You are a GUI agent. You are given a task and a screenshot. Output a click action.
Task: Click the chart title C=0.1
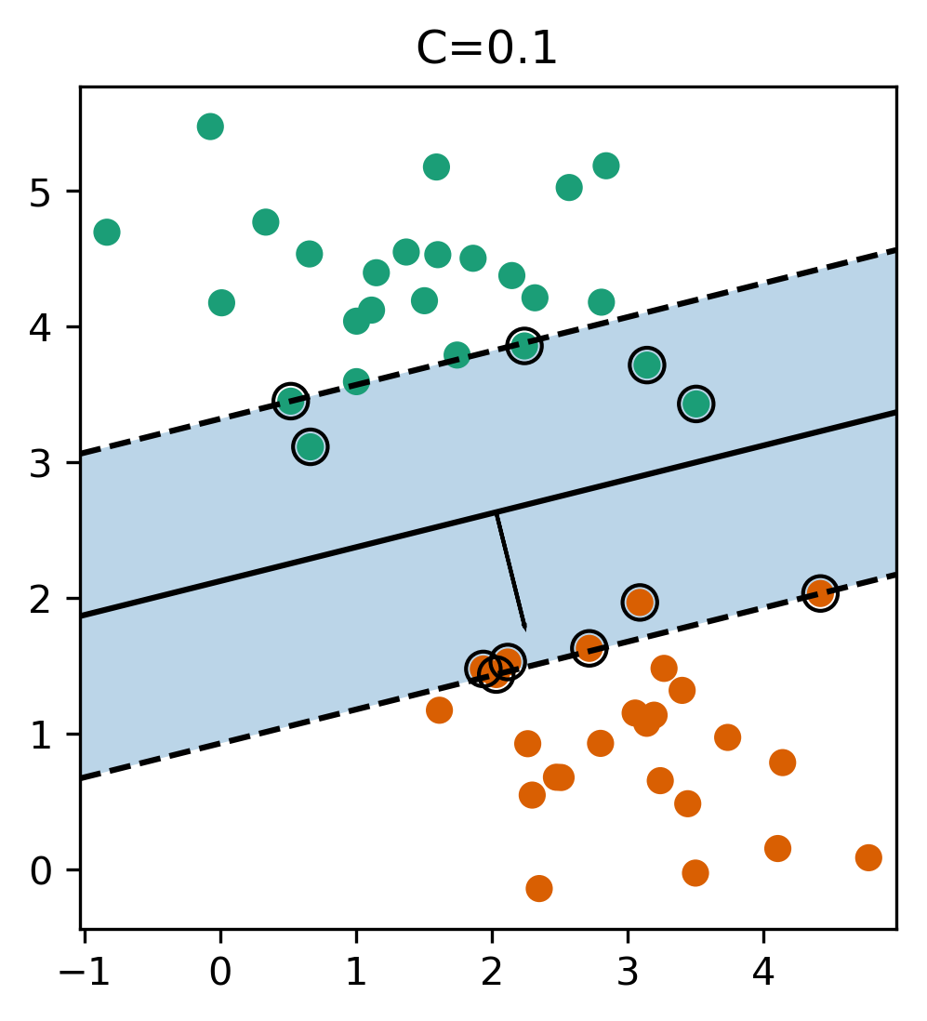[486, 49]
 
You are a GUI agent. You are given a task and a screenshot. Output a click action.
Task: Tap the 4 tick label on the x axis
[763, 973]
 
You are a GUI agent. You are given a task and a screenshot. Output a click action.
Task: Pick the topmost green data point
[210, 126]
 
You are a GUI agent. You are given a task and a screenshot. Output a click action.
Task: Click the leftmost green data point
[107, 232]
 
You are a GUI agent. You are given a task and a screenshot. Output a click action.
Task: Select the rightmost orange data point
[868, 857]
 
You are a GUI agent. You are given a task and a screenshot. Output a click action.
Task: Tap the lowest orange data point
[539, 888]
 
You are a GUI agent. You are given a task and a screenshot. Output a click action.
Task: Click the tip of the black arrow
[526, 631]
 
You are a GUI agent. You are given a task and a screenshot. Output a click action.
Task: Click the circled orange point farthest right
[819, 593]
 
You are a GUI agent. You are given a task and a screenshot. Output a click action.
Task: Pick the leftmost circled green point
[291, 401]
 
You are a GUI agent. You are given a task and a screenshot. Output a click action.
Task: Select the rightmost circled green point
[696, 404]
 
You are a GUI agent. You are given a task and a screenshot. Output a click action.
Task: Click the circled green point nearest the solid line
[311, 446]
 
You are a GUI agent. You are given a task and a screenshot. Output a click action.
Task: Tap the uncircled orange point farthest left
[439, 710]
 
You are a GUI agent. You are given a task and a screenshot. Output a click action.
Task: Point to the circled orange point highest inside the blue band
[639, 602]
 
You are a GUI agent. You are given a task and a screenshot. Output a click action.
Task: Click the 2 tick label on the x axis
[492, 973]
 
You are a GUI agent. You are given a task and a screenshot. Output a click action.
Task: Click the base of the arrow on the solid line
[496, 513]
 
